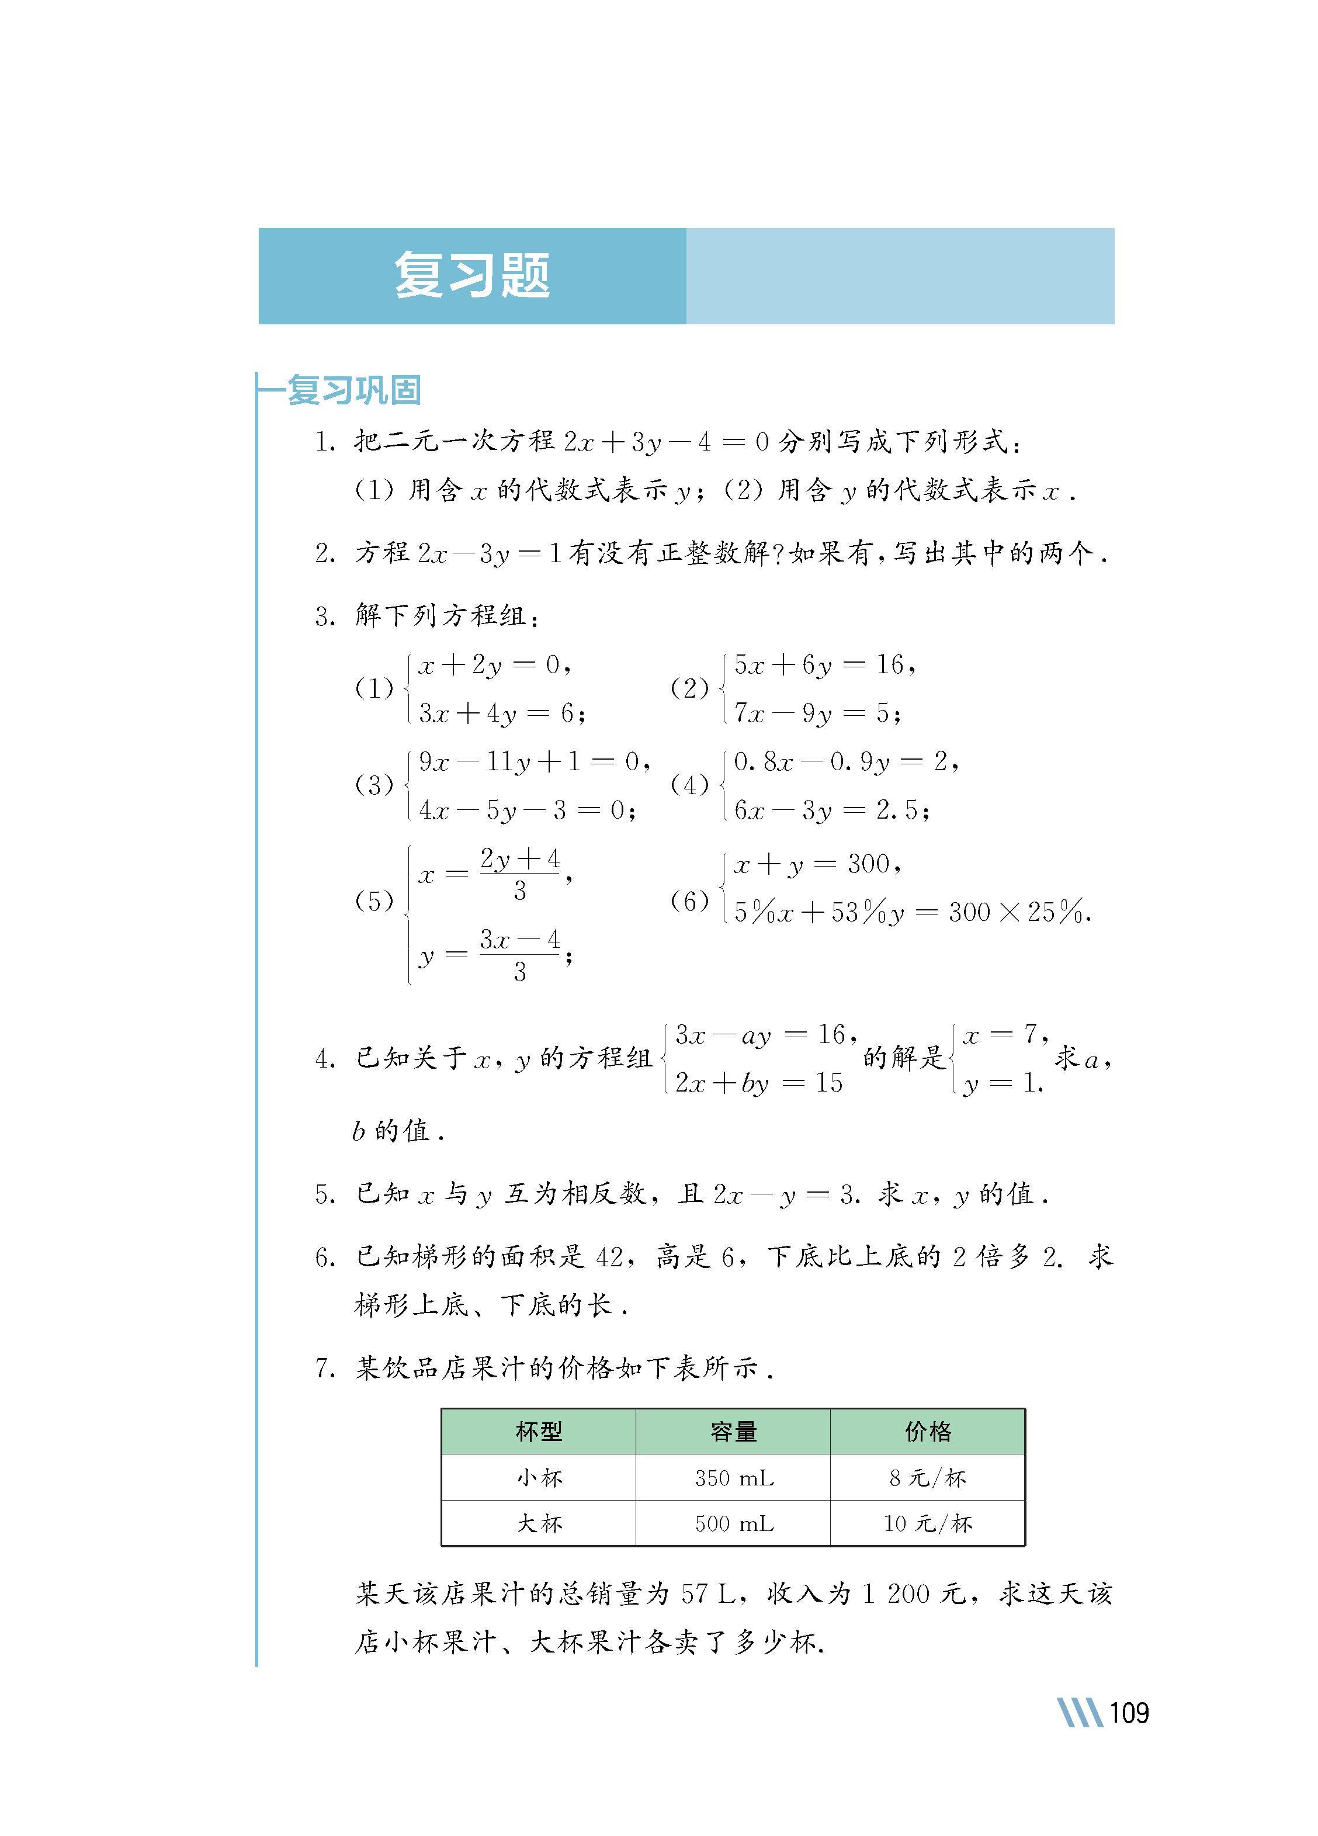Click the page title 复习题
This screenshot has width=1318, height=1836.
[x=472, y=275]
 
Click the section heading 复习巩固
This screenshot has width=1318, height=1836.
[x=354, y=390]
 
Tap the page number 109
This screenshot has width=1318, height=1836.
[x=1129, y=1712]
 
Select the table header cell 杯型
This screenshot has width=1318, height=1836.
[x=539, y=1431]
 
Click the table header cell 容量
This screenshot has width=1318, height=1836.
[x=733, y=1431]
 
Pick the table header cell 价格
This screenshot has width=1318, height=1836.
[x=928, y=1431]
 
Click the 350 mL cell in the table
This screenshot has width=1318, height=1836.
[x=733, y=1478]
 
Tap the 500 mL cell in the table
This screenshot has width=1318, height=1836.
[x=733, y=1523]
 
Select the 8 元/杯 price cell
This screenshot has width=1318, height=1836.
[x=928, y=1478]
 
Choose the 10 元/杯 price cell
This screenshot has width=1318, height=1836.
[x=928, y=1523]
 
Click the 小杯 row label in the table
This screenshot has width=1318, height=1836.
[x=539, y=1478]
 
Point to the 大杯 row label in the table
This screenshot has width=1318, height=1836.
[x=539, y=1523]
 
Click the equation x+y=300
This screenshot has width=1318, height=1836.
[x=815, y=865]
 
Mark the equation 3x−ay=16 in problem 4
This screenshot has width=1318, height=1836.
[x=762, y=1034]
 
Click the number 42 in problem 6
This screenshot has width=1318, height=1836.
[x=609, y=1257]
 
